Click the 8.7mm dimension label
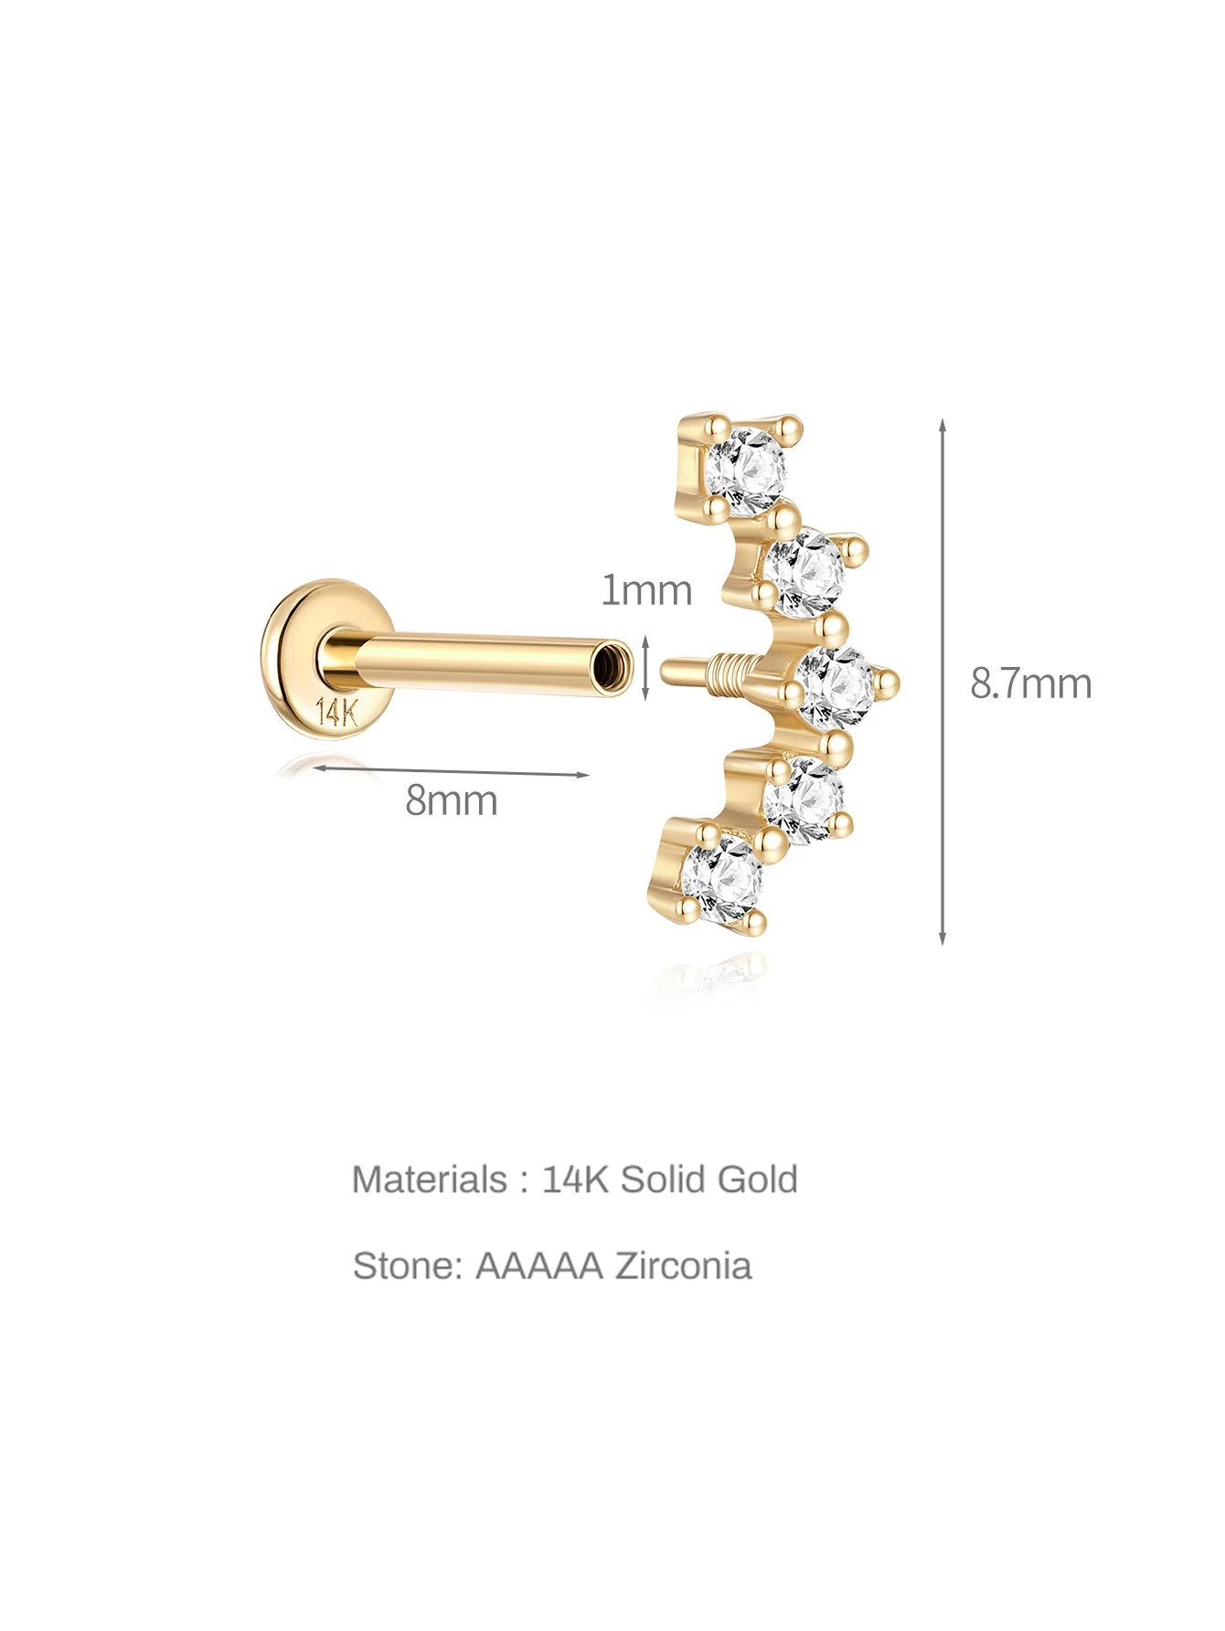point(1030,683)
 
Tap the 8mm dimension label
point(452,800)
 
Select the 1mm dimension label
point(645,590)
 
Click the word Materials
point(429,1179)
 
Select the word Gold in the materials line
point(757,1179)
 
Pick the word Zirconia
point(683,1266)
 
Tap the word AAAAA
point(539,1266)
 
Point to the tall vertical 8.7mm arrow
point(943,683)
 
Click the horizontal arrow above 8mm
point(451,772)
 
